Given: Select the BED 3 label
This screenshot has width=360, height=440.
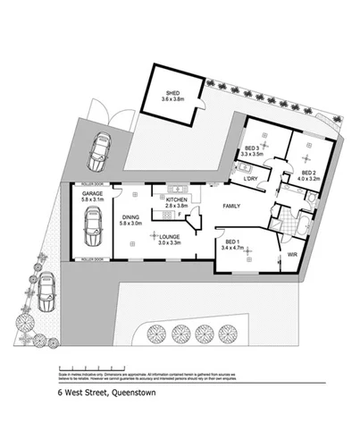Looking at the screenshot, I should pyautogui.click(x=253, y=148).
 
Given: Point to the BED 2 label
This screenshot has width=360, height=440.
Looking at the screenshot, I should pyautogui.click(x=308, y=173).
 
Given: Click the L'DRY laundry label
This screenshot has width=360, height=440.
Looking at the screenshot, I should pyautogui.click(x=250, y=177).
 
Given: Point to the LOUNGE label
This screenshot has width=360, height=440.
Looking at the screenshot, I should pyautogui.click(x=170, y=234).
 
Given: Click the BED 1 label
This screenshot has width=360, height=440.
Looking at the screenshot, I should pyautogui.click(x=231, y=242).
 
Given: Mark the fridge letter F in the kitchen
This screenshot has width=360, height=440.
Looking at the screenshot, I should pyautogui.click(x=181, y=216).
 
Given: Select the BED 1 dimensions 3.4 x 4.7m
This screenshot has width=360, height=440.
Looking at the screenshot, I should pyautogui.click(x=231, y=250).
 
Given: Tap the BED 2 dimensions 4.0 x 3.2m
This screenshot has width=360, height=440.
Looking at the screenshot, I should pyautogui.click(x=308, y=180).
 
